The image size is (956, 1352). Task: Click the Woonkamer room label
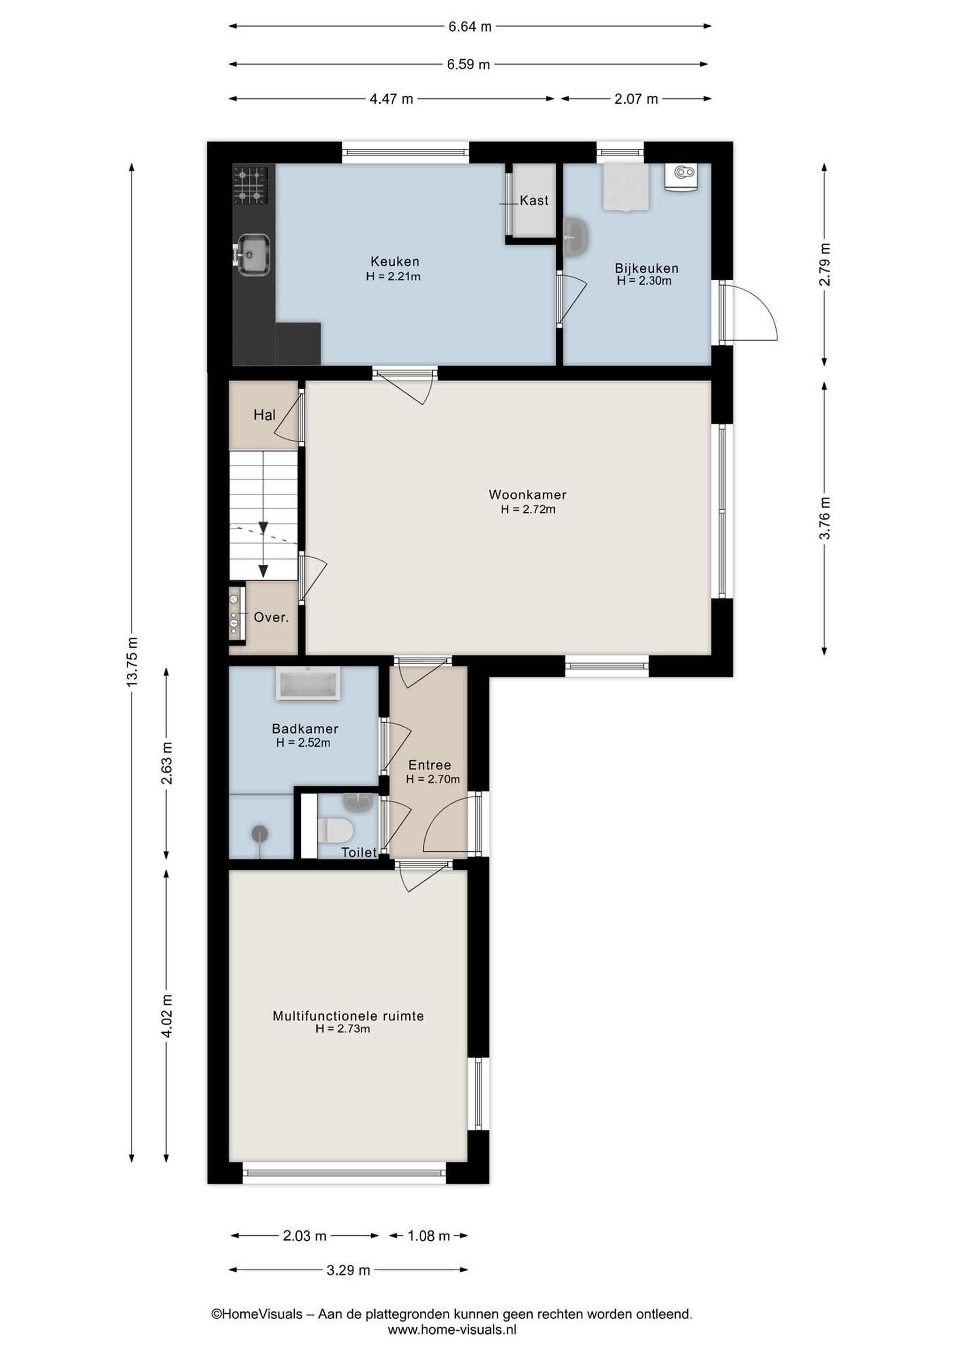click(x=528, y=495)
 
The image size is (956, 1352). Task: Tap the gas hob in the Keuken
click(x=251, y=185)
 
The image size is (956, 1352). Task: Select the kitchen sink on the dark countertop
click(x=253, y=254)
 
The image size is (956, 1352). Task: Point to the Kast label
click(x=534, y=201)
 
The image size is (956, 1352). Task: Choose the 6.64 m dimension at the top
click(x=470, y=26)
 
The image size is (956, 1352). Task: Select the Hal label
click(x=264, y=415)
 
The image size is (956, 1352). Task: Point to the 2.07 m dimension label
click(x=636, y=99)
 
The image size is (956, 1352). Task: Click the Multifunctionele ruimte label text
click(x=348, y=1016)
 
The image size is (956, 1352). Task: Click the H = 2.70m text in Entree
click(x=433, y=779)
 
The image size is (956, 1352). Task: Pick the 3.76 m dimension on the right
click(x=825, y=518)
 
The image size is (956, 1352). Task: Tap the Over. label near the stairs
click(x=271, y=618)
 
